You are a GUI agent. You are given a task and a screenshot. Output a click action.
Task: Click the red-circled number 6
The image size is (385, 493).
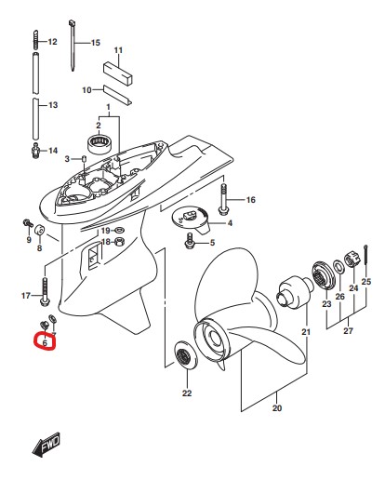tap(45, 342)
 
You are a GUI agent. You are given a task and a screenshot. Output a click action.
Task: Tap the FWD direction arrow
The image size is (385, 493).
tap(46, 445)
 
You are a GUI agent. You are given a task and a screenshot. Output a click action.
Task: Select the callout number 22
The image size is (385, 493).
tap(187, 393)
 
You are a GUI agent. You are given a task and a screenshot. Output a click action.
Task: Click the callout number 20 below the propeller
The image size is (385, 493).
tap(277, 408)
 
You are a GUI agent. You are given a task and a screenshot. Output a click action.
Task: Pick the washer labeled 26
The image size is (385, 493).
tap(339, 267)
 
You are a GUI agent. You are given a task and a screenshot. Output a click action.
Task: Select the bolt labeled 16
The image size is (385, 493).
tap(223, 199)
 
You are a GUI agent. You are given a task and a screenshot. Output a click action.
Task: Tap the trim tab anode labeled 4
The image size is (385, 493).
tap(191, 221)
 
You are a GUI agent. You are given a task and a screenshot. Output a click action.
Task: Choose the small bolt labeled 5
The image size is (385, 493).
tap(190, 241)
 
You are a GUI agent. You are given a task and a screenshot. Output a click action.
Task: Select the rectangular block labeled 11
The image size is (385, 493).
tap(118, 73)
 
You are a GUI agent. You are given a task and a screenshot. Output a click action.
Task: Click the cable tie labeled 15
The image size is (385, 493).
tap(72, 46)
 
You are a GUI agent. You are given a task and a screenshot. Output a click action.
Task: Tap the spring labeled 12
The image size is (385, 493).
tap(36, 40)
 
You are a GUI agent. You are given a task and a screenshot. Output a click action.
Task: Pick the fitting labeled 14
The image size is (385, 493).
tap(35, 151)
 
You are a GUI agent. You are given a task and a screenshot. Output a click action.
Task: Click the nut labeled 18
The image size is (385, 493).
tap(119, 242)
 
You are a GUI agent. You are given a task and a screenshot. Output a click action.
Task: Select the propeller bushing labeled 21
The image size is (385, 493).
tap(296, 291)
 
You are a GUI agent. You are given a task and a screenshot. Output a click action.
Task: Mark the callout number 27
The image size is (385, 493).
tap(348, 331)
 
